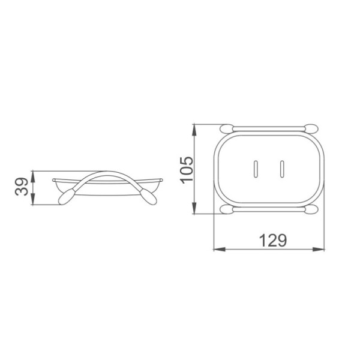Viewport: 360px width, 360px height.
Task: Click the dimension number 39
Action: tap(22, 187)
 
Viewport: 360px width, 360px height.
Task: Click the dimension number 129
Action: tap(273, 240)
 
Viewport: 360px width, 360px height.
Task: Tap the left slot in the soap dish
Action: tap(256, 169)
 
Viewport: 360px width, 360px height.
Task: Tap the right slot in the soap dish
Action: tap(282, 169)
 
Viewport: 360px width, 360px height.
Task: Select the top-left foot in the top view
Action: tap(226, 128)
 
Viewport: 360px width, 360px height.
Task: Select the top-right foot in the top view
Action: tap(311, 128)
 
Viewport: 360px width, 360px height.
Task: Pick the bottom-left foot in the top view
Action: tap(226, 209)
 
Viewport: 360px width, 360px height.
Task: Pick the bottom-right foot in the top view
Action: tap(311, 209)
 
